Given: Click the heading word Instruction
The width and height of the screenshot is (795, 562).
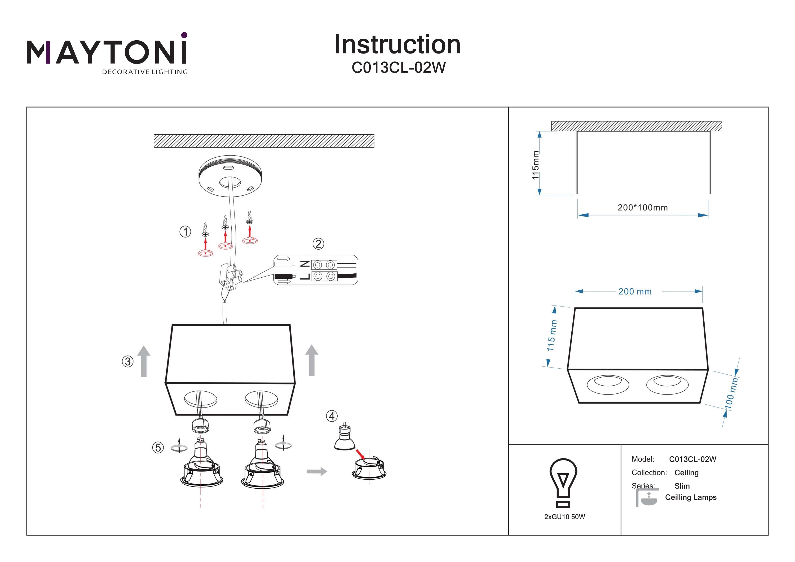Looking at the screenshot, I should pyautogui.click(x=397, y=45).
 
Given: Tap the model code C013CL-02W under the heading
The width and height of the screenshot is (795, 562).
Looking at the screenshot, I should pyautogui.click(x=399, y=68).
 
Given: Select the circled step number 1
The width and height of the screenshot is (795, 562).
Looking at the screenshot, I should pyautogui.click(x=185, y=232).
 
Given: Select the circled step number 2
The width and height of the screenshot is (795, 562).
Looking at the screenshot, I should pyautogui.click(x=318, y=244).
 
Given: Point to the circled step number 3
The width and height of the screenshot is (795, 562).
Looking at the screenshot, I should pyautogui.click(x=127, y=361).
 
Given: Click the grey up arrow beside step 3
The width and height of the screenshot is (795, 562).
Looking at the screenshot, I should pyautogui.click(x=144, y=361).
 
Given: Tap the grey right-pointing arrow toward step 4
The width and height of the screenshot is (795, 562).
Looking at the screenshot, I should pyautogui.click(x=316, y=471).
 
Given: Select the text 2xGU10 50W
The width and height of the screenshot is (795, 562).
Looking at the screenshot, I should pyautogui.click(x=564, y=517).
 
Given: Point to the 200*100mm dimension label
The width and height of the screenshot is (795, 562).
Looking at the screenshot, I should pyautogui.click(x=642, y=208).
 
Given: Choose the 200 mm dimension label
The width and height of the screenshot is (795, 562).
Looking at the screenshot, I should pyautogui.click(x=635, y=291).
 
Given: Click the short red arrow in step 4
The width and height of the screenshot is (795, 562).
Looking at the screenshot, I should pyautogui.click(x=360, y=454).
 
